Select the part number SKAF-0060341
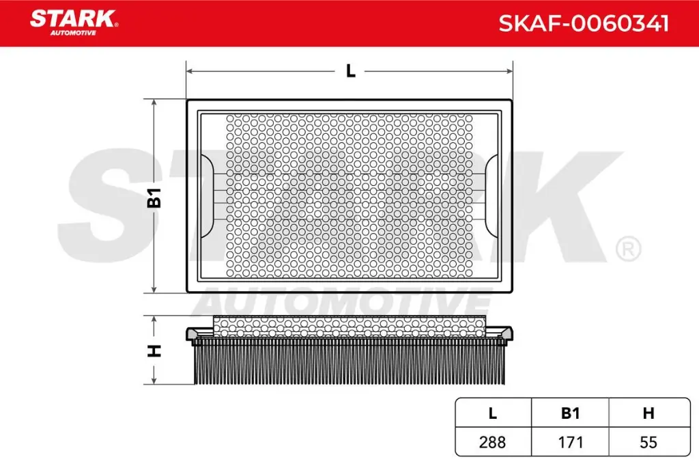pyautogui.click(x=583, y=24)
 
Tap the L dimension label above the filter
pyautogui.click(x=350, y=70)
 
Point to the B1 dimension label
pyautogui.click(x=155, y=197)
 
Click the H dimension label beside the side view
pyautogui.click(x=155, y=351)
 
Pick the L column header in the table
pyautogui.click(x=493, y=413)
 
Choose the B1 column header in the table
pyautogui.click(x=570, y=413)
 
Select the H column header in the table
pyautogui.click(x=648, y=413)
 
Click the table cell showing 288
pyautogui.click(x=493, y=442)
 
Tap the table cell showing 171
pyautogui.click(x=570, y=442)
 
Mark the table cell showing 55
pyautogui.click(x=648, y=442)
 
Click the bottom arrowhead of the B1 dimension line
pyautogui.click(x=155, y=289)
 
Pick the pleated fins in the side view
pyautogui.click(x=349, y=362)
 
